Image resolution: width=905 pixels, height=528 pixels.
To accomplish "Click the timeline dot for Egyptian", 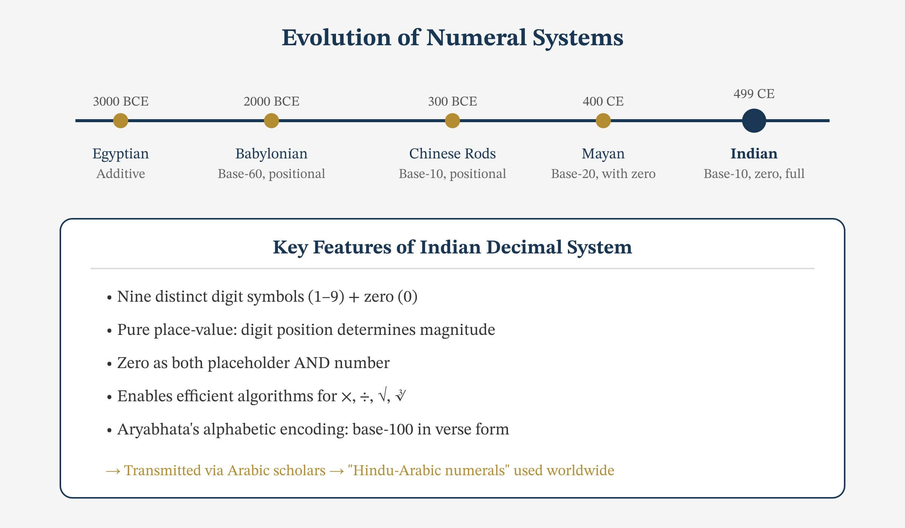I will click(x=121, y=121).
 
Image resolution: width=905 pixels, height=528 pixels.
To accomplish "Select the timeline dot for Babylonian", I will click(x=271, y=121).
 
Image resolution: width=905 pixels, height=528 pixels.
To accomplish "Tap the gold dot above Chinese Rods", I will click(x=452, y=121).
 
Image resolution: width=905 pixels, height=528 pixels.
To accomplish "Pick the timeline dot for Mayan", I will click(x=603, y=121).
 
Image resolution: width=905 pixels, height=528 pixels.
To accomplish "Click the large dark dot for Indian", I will click(x=754, y=121).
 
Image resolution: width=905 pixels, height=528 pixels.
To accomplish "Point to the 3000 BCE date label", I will click(x=121, y=101).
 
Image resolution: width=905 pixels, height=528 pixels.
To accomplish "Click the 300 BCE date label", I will click(x=452, y=101).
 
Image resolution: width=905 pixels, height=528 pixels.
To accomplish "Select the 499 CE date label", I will click(x=754, y=94).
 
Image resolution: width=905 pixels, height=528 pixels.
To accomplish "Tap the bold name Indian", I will click(x=754, y=153).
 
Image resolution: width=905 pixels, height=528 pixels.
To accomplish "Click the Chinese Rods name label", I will click(x=452, y=153).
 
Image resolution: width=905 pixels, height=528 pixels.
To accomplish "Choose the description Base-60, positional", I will click(x=271, y=174).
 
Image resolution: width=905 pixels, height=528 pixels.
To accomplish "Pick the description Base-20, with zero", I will click(x=603, y=174).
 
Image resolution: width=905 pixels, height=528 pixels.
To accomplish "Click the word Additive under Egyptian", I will click(x=121, y=174).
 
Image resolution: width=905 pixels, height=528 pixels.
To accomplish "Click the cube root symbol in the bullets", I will click(x=400, y=396).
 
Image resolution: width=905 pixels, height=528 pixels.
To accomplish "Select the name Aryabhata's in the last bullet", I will click(x=158, y=429).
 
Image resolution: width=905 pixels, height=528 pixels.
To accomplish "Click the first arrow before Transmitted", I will click(x=113, y=471).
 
